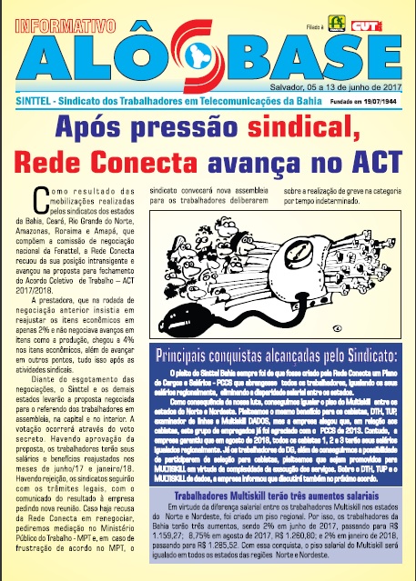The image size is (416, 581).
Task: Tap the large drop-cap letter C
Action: (x=39, y=197)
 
